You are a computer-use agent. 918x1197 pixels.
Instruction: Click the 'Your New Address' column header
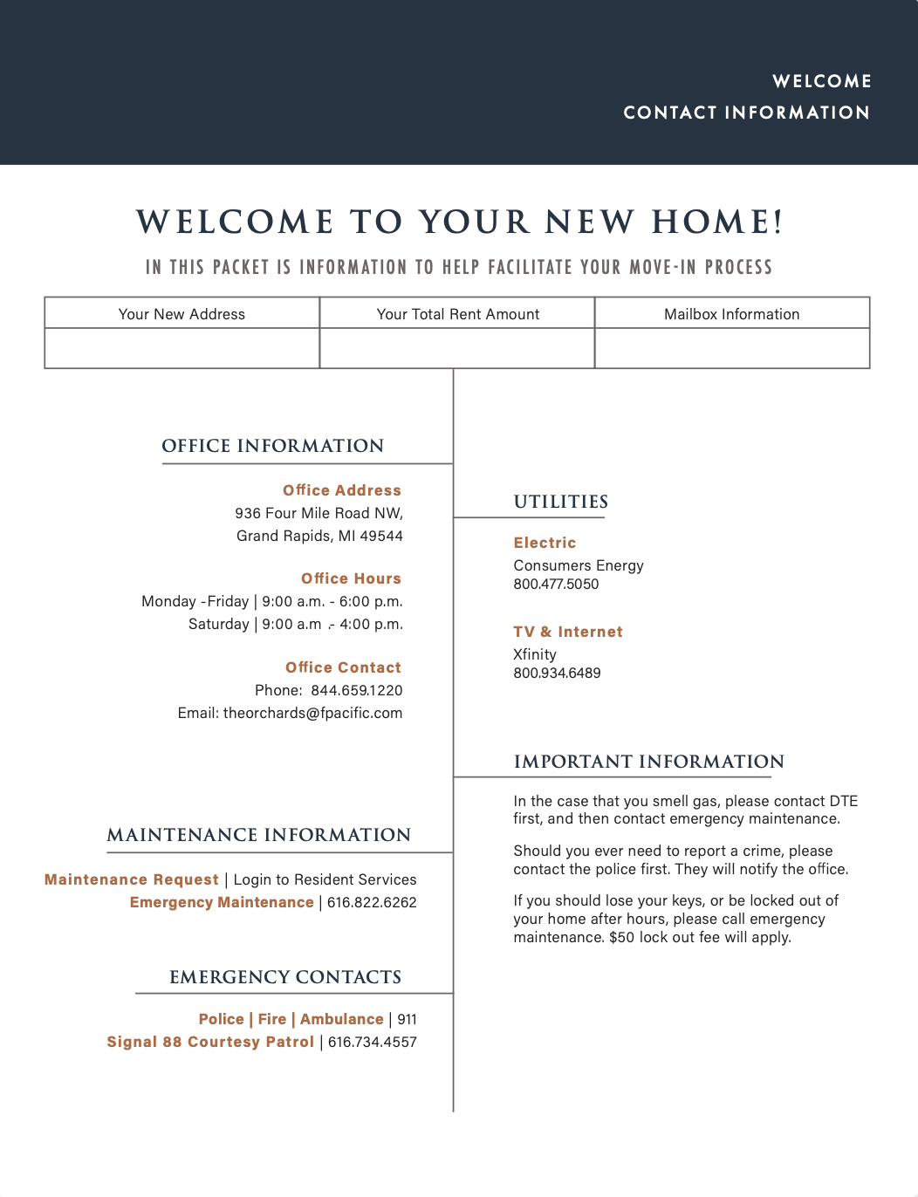[182, 314]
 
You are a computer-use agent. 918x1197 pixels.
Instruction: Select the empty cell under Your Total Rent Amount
[457, 348]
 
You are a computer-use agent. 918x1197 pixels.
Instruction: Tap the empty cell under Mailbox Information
[732, 348]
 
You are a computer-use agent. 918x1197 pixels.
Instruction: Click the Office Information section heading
[272, 446]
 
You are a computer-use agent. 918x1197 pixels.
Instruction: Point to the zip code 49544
[381, 536]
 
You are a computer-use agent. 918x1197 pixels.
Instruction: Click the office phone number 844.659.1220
[357, 690]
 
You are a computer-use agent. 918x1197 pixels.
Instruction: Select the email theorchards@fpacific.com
[312, 713]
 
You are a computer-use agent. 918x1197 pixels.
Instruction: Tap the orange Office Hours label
[351, 578]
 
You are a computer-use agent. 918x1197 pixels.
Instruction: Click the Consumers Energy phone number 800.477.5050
[556, 585]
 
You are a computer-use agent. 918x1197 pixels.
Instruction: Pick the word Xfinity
[535, 654]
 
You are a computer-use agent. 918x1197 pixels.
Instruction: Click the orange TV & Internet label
[568, 632]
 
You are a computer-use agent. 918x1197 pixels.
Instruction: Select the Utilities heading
[561, 502]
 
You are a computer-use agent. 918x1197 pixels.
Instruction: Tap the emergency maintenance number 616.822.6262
[372, 902]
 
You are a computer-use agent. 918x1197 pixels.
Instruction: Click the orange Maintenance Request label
[132, 879]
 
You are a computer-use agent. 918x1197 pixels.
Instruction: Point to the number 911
[408, 1019]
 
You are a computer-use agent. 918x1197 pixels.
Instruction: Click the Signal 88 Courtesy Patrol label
[210, 1042]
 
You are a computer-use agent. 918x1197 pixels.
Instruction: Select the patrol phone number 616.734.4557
[373, 1042]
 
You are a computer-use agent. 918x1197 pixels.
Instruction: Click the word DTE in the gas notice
[844, 801]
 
